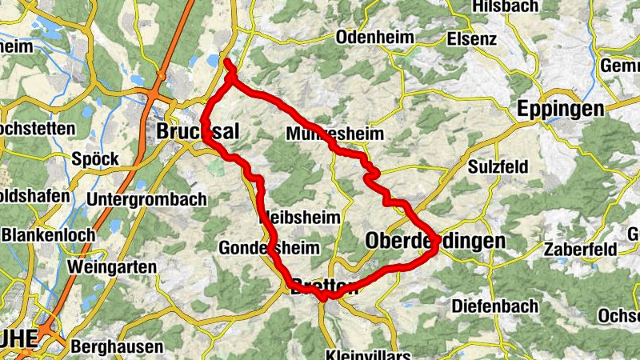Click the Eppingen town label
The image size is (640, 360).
tap(561, 109)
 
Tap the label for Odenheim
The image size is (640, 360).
tap(375, 38)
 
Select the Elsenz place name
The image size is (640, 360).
tap(472, 38)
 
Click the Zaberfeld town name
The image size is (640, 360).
tap(580, 250)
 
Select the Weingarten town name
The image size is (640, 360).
tap(110, 265)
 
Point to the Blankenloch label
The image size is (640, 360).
tap(48, 235)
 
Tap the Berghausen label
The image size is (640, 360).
tap(117, 347)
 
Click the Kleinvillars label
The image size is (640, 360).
tap(368, 354)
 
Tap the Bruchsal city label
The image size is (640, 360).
tap(198, 131)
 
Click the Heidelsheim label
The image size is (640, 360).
tap(300, 218)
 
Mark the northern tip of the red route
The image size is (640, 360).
tap(227, 62)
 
